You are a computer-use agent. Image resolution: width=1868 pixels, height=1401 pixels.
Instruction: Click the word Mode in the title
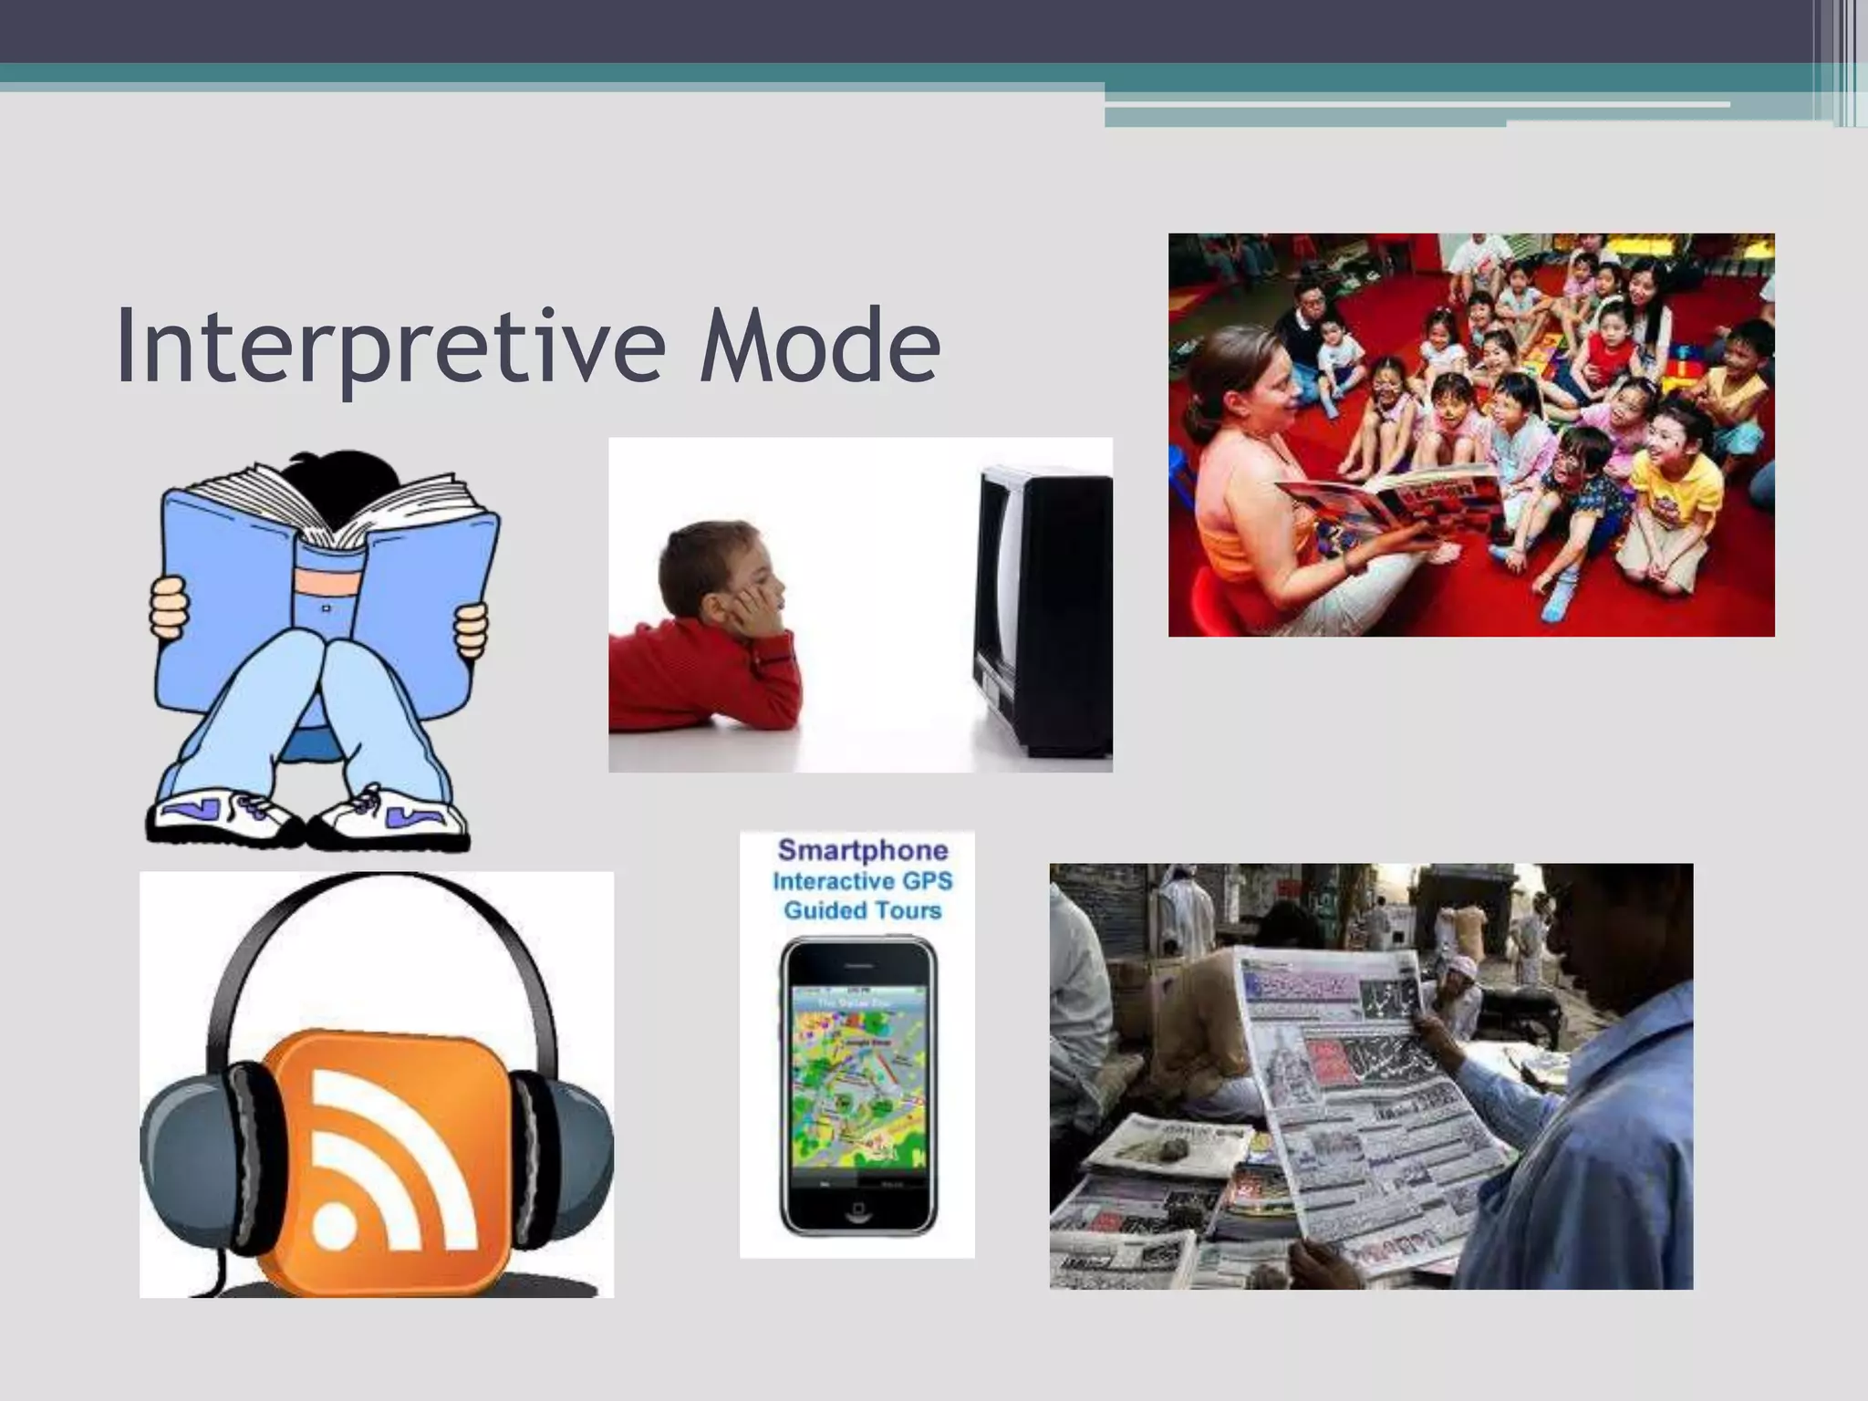[x=818, y=347]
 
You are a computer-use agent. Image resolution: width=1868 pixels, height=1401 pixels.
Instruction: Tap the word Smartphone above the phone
[x=862, y=851]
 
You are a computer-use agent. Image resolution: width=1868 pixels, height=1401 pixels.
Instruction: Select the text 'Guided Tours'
[x=862, y=910]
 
